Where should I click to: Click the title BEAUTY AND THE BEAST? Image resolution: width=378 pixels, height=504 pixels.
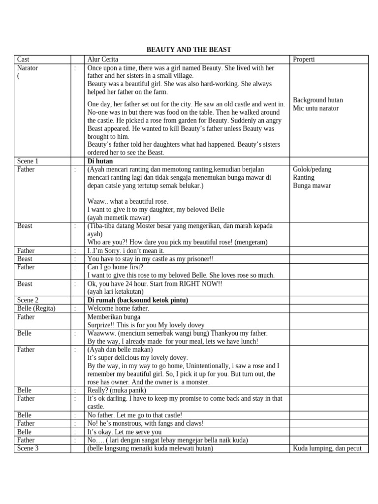click(x=189, y=50)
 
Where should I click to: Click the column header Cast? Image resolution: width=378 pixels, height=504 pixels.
click(x=23, y=60)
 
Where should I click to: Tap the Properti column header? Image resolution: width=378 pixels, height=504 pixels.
click(x=304, y=60)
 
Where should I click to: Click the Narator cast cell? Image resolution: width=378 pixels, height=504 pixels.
click(x=28, y=68)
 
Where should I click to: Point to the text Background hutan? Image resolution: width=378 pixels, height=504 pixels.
click(x=317, y=100)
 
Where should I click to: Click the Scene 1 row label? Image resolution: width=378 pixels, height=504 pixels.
click(x=28, y=161)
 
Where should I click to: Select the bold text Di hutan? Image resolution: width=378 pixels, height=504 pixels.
click(x=100, y=161)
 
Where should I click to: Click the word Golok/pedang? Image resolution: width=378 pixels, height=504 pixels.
click(x=312, y=169)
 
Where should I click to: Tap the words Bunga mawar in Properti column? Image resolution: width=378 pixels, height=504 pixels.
click(x=312, y=186)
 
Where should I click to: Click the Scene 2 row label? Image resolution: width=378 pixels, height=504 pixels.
click(x=28, y=300)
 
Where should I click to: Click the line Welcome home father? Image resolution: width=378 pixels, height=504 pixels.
click(x=118, y=309)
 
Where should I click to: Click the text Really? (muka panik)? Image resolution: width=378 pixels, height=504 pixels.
click(x=117, y=390)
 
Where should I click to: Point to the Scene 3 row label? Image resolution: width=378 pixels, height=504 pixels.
click(x=28, y=448)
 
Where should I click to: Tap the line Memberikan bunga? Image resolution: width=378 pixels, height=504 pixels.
click(x=114, y=317)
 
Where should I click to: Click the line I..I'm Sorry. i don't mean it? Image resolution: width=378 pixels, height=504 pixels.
click(x=126, y=251)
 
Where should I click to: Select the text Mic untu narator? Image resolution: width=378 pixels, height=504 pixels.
click(x=315, y=108)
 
